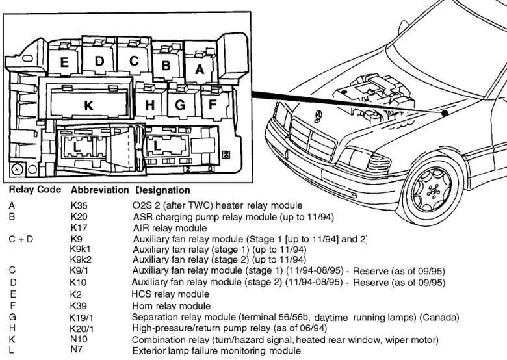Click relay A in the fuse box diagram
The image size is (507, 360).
pos(200,67)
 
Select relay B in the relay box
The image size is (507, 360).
pos(166,65)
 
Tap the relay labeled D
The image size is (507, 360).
pos(99,61)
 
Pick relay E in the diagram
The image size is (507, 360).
pos(64,63)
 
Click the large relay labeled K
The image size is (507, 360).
pos(88,105)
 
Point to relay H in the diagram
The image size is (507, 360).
pos(151,105)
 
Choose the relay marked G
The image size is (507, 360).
pos(181,105)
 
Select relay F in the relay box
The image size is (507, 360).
pos(213,104)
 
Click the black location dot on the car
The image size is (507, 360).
pos(445,114)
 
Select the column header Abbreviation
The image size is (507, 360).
pos(99,190)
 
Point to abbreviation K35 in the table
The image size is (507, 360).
pos(79,205)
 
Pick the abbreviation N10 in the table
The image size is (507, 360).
pos(79,339)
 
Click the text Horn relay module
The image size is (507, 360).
pos(171,306)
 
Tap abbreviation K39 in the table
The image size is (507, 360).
pos(79,306)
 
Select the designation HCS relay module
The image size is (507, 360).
pos(170,294)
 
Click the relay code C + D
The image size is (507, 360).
pos(21,239)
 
